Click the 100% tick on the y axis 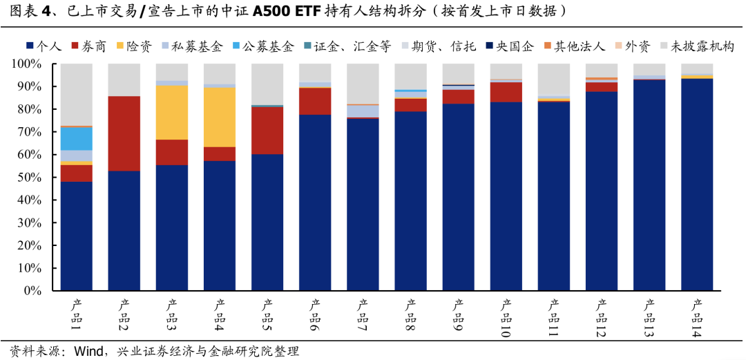point(27,64)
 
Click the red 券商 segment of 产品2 point(124,133)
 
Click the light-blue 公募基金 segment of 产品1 point(77,138)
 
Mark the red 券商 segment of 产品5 point(267,131)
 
